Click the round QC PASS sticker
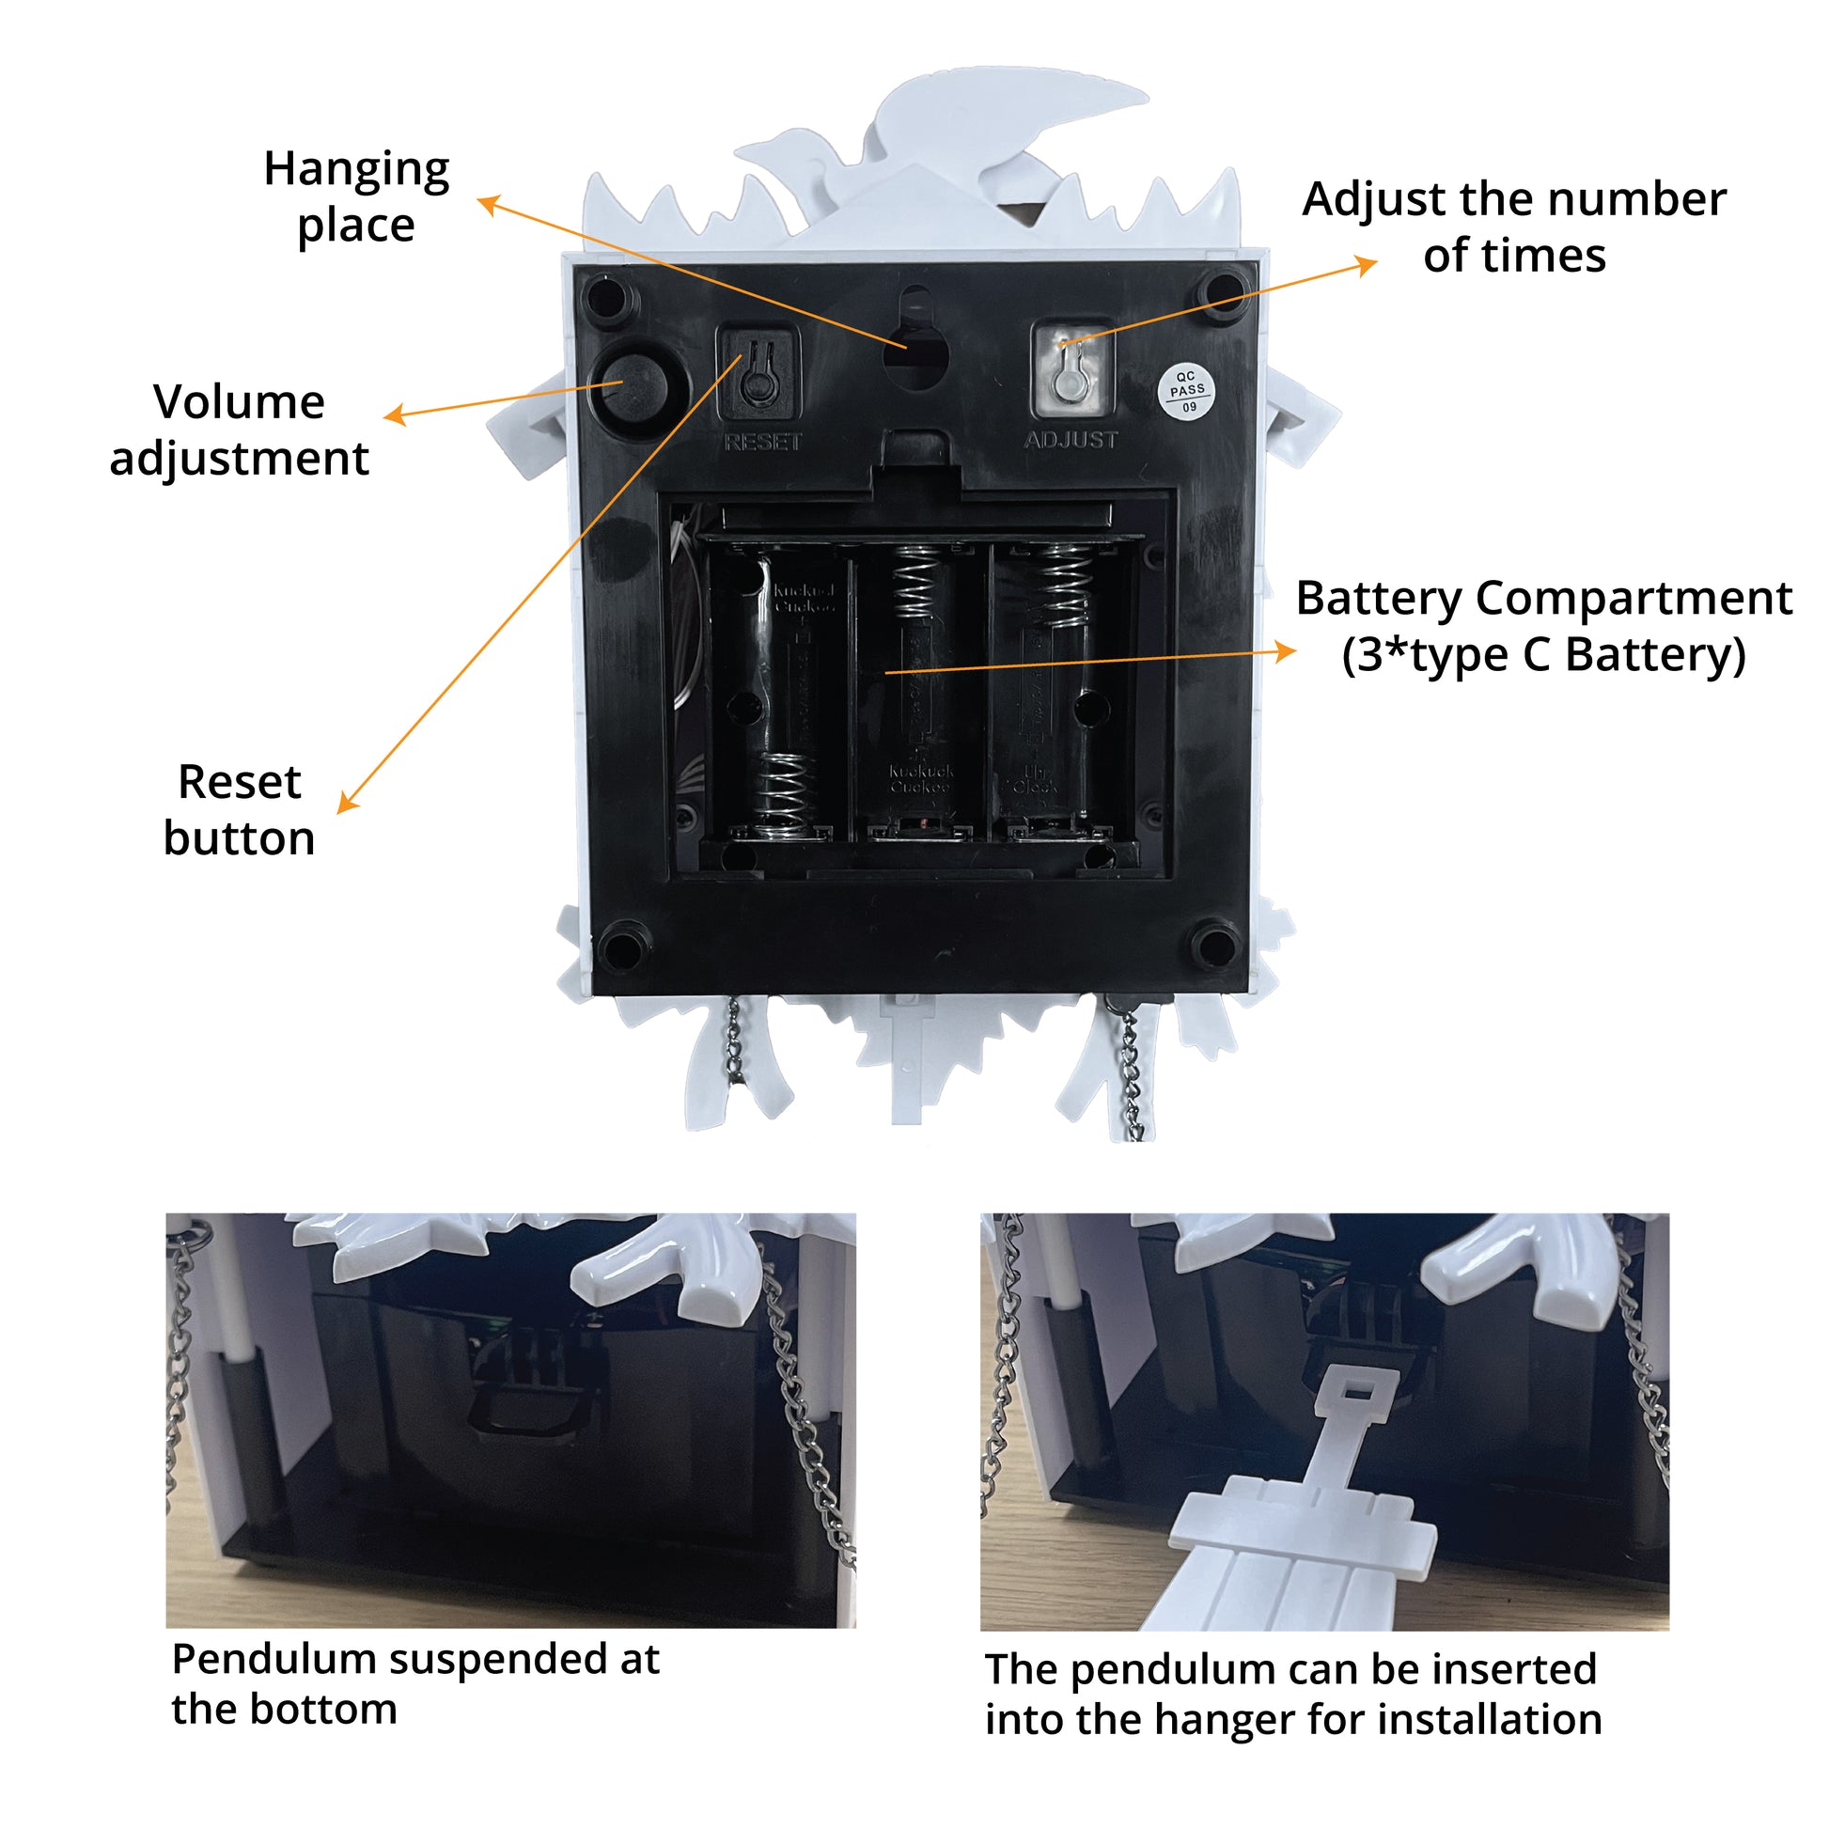click(1187, 391)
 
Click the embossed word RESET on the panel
click(762, 442)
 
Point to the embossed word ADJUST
click(1071, 440)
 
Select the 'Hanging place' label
click(356, 197)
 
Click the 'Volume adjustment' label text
click(239, 430)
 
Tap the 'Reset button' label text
click(239, 810)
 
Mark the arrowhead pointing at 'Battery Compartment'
click(1286, 650)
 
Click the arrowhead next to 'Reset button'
click(348, 803)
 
